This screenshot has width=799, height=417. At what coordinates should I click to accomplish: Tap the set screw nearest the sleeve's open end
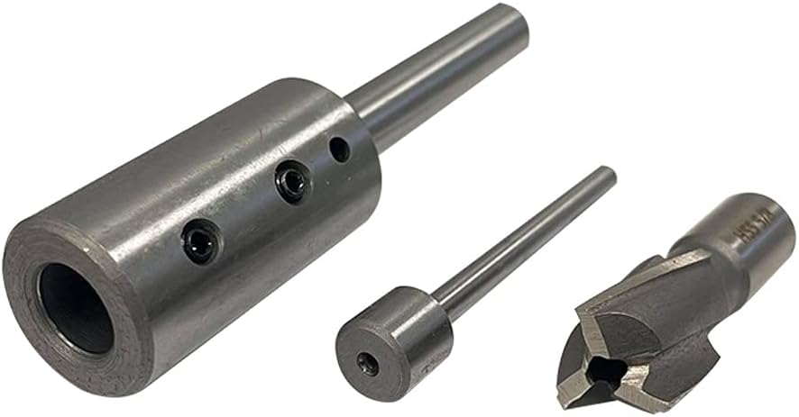tap(199, 241)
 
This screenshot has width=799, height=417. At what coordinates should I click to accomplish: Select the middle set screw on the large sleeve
tap(292, 183)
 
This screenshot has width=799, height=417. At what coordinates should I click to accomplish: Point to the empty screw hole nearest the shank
tap(339, 149)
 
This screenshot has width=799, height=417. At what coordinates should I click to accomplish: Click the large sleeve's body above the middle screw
tap(262, 135)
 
